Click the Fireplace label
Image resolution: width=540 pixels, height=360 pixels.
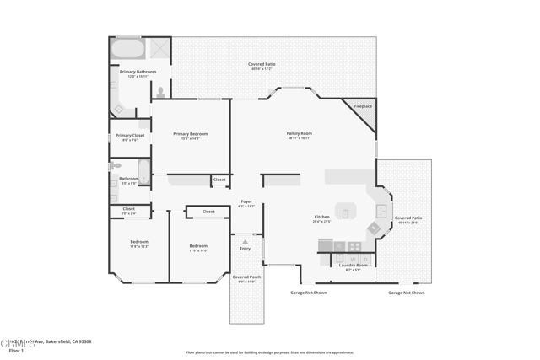tap(362, 106)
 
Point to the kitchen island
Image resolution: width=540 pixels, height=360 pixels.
tap(346, 210)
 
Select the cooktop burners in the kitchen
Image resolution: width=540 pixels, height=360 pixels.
tap(373, 228)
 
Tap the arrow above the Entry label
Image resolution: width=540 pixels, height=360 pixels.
tap(246, 242)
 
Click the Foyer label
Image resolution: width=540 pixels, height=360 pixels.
tap(246, 201)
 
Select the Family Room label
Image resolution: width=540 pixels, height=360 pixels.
tap(300, 133)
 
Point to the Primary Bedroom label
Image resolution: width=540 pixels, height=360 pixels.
tap(190, 134)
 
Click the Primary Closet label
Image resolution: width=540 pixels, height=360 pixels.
tap(130, 135)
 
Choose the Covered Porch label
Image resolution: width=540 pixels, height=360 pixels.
tap(246, 277)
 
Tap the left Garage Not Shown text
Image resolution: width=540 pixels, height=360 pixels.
tap(303, 293)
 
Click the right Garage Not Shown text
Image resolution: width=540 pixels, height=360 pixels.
tap(406, 293)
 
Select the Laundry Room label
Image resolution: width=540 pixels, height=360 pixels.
tap(354, 266)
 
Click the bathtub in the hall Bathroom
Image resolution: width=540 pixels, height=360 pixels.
tap(143, 172)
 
